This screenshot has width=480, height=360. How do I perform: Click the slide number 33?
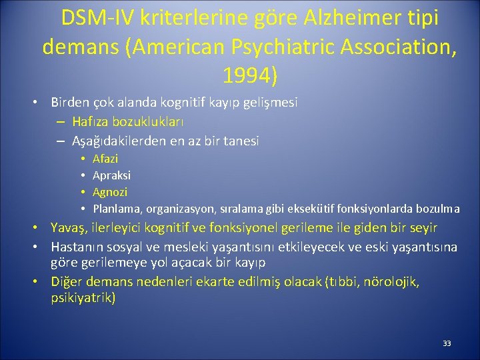(x=447, y=343)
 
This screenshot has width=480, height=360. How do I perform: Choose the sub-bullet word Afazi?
(x=105, y=159)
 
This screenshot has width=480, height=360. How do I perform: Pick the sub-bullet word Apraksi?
(x=111, y=175)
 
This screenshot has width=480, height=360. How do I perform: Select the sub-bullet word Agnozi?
(x=109, y=192)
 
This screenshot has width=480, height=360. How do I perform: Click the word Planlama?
(x=115, y=209)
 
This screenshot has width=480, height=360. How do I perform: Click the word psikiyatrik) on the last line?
(x=83, y=297)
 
